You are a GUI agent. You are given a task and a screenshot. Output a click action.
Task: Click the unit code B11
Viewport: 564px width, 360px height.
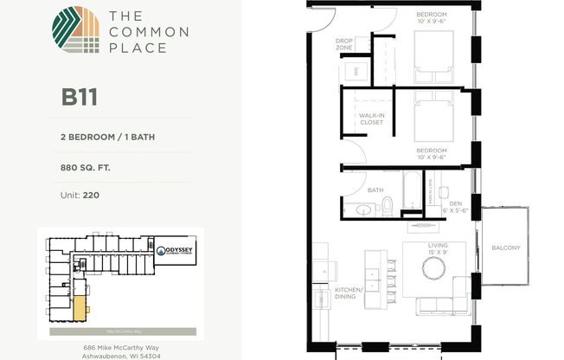pyautogui.click(x=79, y=95)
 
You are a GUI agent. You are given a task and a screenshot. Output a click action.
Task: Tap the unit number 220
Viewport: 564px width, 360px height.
pyautogui.click(x=91, y=195)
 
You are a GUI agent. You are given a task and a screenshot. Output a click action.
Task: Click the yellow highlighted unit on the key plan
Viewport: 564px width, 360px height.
pyautogui.click(x=79, y=307)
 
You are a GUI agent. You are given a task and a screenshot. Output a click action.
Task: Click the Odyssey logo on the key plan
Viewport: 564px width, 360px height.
pyautogui.click(x=176, y=253)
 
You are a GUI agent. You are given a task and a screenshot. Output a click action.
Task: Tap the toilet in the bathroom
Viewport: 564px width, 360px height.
pyautogui.click(x=387, y=205)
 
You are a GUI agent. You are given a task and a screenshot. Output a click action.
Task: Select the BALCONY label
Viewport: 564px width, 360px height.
pyautogui.click(x=505, y=249)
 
